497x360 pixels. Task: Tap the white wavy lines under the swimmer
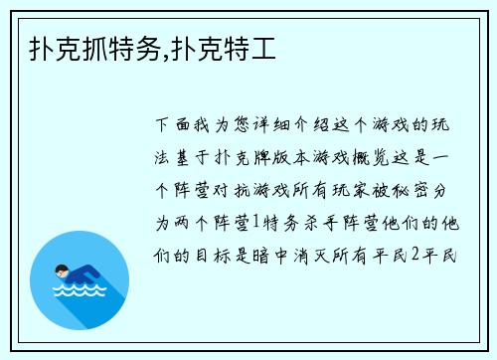(x=80, y=291)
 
